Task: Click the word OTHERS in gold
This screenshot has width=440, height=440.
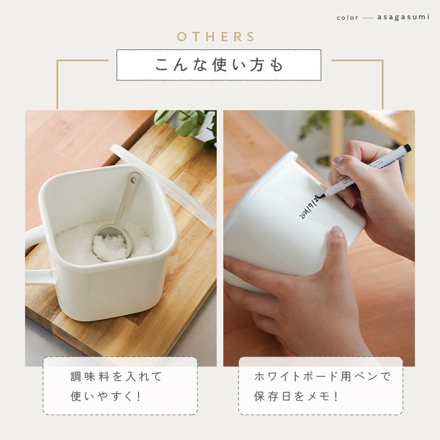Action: tap(216, 37)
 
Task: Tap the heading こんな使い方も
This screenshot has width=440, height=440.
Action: tap(218, 64)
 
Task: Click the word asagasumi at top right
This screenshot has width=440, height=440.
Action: tap(404, 18)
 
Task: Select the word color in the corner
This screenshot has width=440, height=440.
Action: tap(348, 18)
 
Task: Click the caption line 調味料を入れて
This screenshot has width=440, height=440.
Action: tap(117, 377)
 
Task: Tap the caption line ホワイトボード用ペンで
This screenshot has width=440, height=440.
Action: tap(322, 377)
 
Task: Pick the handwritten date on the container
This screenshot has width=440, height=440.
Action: tap(309, 206)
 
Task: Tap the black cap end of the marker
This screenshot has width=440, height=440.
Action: tap(406, 148)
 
